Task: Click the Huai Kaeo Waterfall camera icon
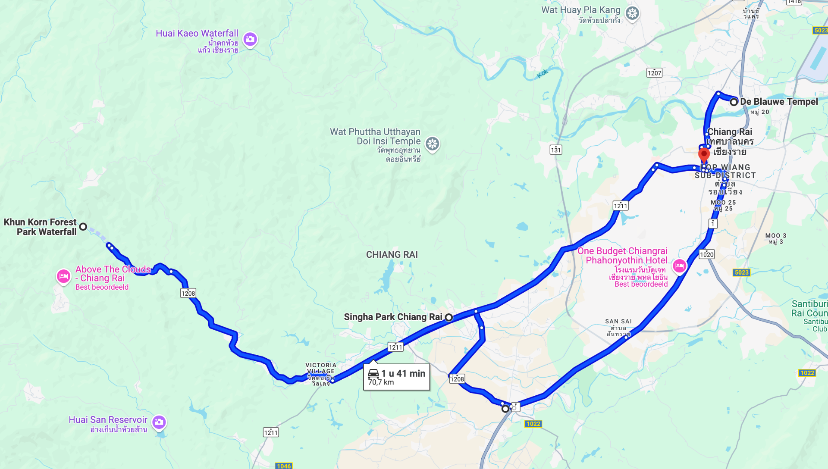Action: click(x=250, y=39)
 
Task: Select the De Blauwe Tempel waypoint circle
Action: click(x=734, y=102)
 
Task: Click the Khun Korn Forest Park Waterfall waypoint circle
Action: click(x=83, y=226)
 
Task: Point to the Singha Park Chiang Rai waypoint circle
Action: click(x=449, y=317)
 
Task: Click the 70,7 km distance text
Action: click(x=381, y=382)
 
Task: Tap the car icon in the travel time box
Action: click(x=373, y=373)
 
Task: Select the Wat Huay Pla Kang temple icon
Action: click(x=632, y=13)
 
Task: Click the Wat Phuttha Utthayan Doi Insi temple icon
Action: click(x=432, y=144)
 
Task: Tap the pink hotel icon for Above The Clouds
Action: click(x=63, y=276)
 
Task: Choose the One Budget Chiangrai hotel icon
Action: click(x=679, y=266)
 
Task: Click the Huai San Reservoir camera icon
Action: click(x=159, y=422)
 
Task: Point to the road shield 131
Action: click(x=556, y=150)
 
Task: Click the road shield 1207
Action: click(x=654, y=73)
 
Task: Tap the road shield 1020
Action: click(x=706, y=254)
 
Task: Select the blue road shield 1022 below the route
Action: click(x=533, y=424)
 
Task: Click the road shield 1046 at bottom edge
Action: click(x=283, y=466)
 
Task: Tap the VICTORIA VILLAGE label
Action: click(x=320, y=368)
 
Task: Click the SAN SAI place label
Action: click(x=618, y=322)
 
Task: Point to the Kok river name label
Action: click(x=543, y=74)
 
